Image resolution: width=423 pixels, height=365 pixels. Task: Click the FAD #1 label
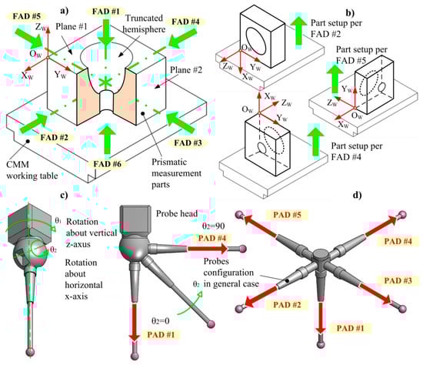[105, 12]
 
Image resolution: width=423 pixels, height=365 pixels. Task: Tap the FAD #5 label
[27, 16]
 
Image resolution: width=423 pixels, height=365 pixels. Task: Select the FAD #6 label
[107, 164]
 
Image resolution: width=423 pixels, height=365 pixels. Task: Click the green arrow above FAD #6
[108, 139]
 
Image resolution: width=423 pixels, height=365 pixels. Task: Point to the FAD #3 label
[188, 142]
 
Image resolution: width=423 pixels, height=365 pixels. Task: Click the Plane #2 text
[186, 70]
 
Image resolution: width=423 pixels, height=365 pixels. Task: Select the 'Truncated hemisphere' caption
[144, 24]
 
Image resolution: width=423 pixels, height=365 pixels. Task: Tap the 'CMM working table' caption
[32, 170]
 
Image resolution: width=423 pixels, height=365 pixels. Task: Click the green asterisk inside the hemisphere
[105, 82]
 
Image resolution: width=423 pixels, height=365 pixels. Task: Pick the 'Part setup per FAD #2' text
[336, 28]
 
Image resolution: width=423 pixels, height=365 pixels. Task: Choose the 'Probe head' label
[177, 213]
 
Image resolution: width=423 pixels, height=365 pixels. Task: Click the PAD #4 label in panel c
[212, 238]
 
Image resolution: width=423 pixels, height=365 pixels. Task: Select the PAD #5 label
[287, 215]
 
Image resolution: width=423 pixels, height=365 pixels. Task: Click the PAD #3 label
[398, 280]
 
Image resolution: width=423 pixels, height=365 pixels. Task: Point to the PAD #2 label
[287, 305]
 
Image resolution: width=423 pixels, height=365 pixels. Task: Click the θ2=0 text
[160, 321]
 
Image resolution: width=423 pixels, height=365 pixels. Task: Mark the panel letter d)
[357, 195]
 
